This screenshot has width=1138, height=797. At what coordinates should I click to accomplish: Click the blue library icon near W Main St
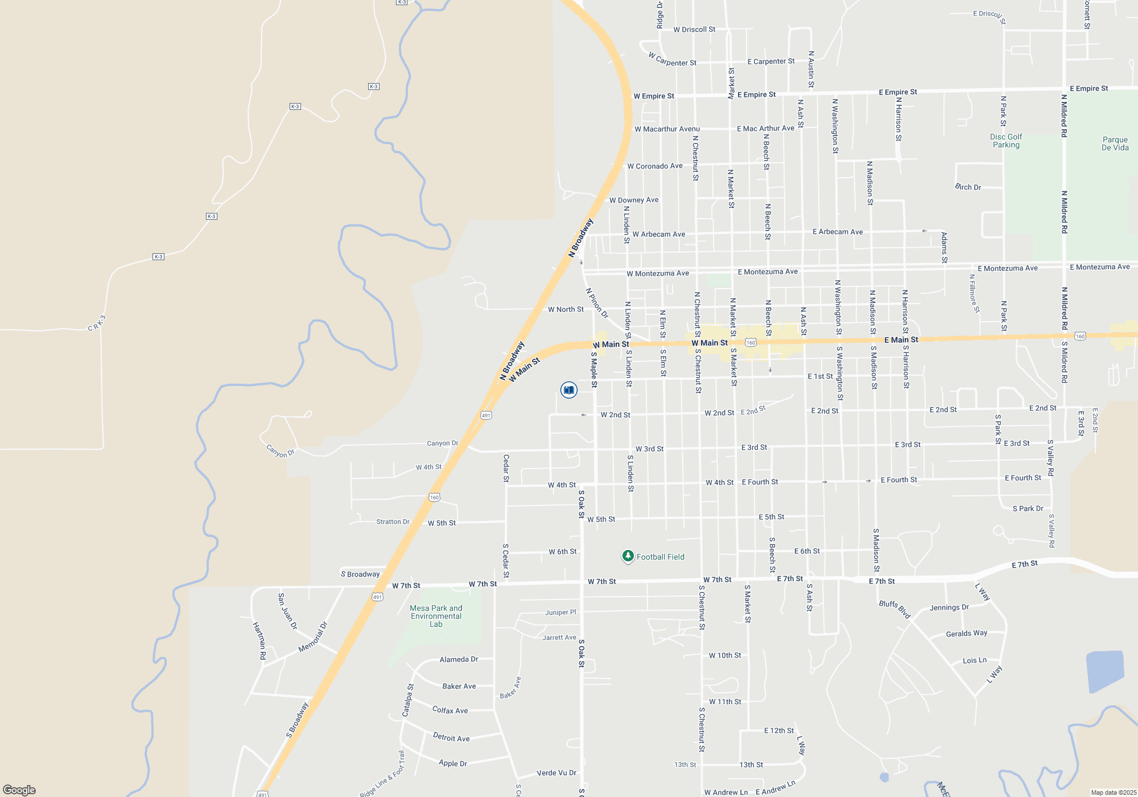(x=568, y=390)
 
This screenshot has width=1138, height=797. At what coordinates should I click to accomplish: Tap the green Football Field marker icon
(x=628, y=556)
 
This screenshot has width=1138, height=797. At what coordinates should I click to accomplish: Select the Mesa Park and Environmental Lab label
(x=436, y=616)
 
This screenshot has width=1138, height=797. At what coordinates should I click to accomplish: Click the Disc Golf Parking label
(x=1006, y=141)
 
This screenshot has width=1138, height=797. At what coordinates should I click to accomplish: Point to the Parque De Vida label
(x=1115, y=143)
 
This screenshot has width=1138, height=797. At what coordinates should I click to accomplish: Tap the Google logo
(x=19, y=790)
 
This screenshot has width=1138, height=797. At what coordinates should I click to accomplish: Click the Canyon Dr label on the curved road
(x=281, y=451)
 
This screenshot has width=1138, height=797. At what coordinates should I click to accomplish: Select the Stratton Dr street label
(x=393, y=521)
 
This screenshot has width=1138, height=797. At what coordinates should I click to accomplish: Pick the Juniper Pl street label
(x=560, y=613)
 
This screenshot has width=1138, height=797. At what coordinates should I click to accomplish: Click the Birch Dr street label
(x=968, y=187)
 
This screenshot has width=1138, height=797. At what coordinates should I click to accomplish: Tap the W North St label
(x=566, y=310)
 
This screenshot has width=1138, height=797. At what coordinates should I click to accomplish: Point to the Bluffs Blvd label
(x=895, y=609)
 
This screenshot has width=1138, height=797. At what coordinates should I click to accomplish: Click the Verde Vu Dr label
(x=556, y=773)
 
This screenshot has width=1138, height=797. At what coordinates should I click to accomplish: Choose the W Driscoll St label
(x=694, y=30)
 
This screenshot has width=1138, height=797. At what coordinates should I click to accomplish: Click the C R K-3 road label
(x=97, y=323)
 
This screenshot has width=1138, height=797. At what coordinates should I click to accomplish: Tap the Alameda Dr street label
(x=459, y=659)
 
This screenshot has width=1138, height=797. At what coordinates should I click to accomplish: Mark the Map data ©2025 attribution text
(x=1114, y=792)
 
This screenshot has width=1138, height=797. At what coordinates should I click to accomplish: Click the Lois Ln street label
(x=975, y=660)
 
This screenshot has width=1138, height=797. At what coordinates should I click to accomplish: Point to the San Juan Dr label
(x=287, y=611)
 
